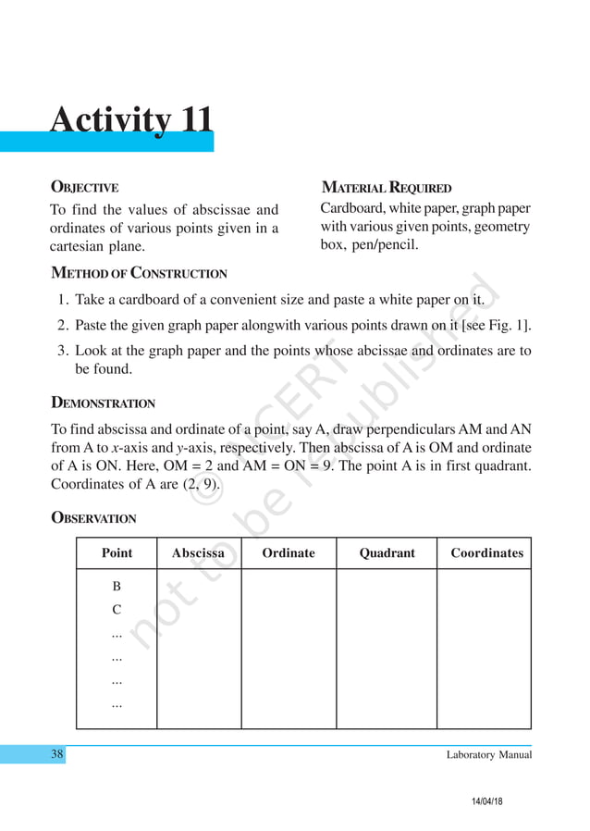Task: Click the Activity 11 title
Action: [x=131, y=120]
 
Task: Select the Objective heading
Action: [x=84, y=188]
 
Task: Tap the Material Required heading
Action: [x=386, y=188]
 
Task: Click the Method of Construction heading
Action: [x=139, y=273]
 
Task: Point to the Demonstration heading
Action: [x=103, y=403]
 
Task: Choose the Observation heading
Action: [x=92, y=518]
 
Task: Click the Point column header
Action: [x=117, y=553]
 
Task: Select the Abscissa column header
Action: [x=198, y=553]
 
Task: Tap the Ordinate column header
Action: [x=288, y=553]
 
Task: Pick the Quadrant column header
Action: [x=387, y=553]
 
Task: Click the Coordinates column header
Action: [x=486, y=553]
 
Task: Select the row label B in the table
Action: [x=117, y=587]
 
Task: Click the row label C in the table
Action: [x=117, y=610]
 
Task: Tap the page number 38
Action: [x=57, y=755]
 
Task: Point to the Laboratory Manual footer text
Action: [x=488, y=755]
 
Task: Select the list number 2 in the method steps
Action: [x=61, y=326]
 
